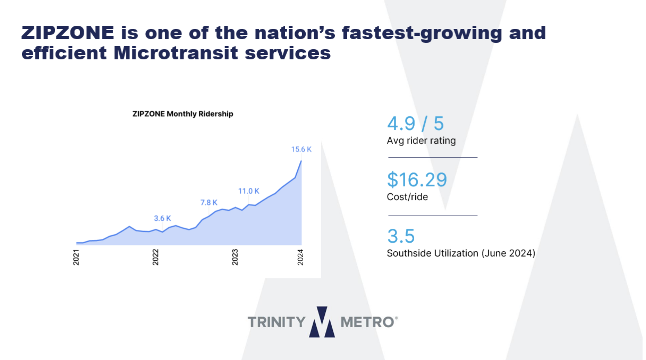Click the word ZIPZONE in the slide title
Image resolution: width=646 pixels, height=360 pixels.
coord(68,33)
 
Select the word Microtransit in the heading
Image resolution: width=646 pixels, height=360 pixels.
coord(176,53)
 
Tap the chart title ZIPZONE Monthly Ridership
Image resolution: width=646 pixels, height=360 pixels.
coord(183,114)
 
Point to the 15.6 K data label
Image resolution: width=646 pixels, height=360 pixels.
coord(301,149)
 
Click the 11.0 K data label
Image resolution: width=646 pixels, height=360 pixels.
coord(248,191)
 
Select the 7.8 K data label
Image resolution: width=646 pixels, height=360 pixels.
coord(209,203)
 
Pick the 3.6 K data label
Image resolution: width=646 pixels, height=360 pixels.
coord(162,218)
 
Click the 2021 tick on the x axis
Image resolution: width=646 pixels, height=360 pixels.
coord(76,257)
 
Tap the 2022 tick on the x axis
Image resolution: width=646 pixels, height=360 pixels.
coord(155,257)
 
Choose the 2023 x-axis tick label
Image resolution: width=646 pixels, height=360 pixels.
coord(235,257)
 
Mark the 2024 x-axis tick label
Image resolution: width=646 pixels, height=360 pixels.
coord(300,257)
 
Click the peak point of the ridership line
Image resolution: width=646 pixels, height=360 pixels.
coord(301,161)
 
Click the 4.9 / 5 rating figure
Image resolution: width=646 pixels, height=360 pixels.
coord(415,123)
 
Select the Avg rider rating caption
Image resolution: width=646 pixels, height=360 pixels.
coord(421,141)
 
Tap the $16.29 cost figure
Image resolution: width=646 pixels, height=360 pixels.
coord(417,180)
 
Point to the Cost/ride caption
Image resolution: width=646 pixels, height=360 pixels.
coord(407,197)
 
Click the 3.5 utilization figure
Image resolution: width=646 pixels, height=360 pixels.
coord(401,236)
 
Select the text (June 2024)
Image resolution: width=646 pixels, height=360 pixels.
coord(508,253)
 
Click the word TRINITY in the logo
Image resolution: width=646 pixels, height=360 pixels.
coord(276,322)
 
